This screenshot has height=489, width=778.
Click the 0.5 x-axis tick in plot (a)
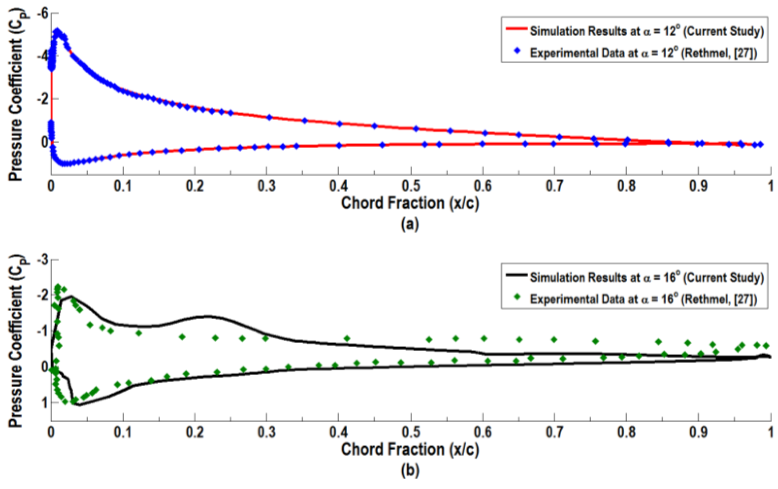tap(411, 186)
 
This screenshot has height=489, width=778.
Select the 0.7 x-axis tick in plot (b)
tap(554, 432)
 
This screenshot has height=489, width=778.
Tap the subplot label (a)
tap(410, 224)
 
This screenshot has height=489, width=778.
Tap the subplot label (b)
tap(410, 470)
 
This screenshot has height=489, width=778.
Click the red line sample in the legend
tap(516, 29)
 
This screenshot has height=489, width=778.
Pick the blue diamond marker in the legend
tap(517, 51)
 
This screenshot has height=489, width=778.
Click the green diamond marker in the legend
tap(517, 297)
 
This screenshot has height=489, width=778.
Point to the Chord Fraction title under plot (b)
tap(410, 450)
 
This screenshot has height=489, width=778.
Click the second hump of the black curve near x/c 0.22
tap(207, 316)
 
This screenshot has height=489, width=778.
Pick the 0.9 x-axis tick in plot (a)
tap(698, 186)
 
